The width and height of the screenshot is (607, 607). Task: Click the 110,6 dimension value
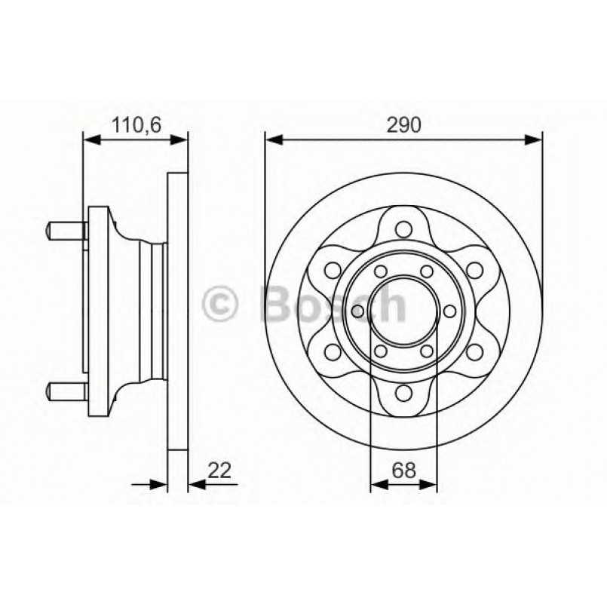pyautogui.click(x=136, y=125)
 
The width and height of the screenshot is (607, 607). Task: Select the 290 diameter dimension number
pyautogui.click(x=403, y=125)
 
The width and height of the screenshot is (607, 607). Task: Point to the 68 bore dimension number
pyautogui.click(x=404, y=471)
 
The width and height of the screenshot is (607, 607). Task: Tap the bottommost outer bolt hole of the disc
pyautogui.click(x=403, y=391)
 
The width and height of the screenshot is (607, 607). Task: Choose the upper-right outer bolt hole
pyautogui.click(x=474, y=269)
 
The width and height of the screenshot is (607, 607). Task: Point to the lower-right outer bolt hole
pyautogui.click(x=474, y=351)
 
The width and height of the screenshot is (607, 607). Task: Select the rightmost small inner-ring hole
pyautogui.click(x=449, y=310)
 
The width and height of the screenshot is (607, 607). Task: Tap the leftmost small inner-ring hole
pyautogui.click(x=358, y=310)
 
